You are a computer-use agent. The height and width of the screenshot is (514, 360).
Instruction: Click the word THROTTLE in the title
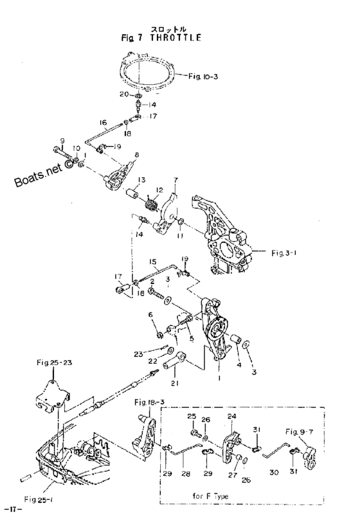[175, 37]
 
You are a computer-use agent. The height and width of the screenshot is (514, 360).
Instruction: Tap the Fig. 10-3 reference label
[203, 76]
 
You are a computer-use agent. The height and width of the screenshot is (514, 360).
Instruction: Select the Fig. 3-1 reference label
[284, 253]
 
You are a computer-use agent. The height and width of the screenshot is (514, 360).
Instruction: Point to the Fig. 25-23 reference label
[55, 362]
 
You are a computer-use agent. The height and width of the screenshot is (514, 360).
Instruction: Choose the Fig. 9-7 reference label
[299, 431]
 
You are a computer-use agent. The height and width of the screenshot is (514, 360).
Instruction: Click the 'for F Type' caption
[210, 496]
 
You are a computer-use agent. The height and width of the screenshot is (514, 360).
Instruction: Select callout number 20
[124, 94]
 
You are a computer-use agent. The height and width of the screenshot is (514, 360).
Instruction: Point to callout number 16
[103, 123]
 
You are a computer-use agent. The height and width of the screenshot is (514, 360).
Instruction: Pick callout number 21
[174, 382]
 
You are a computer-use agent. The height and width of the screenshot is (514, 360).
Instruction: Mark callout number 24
[232, 416]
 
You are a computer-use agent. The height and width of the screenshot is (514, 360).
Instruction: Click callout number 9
[62, 141]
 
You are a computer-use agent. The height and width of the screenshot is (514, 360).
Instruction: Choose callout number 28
[186, 474]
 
